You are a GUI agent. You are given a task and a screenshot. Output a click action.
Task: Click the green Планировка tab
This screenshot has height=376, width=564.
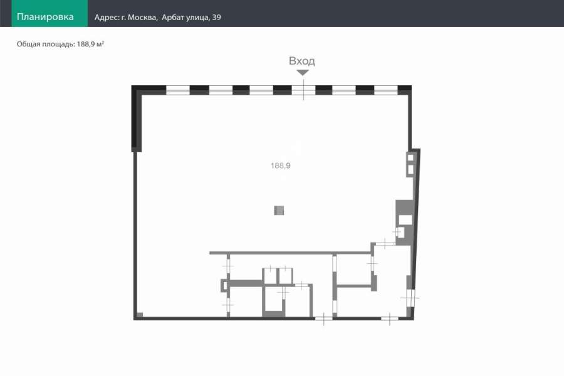point(50,13)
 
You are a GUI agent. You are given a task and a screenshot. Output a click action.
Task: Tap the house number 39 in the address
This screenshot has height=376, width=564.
point(217,18)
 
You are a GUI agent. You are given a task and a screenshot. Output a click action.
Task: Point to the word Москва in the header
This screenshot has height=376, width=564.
point(142,18)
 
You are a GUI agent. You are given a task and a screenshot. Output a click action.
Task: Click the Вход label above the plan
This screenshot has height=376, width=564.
point(302,61)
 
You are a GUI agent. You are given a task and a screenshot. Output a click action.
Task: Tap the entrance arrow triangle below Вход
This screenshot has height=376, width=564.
point(303,73)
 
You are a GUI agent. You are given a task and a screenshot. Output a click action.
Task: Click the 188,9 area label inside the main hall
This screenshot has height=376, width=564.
point(281,165)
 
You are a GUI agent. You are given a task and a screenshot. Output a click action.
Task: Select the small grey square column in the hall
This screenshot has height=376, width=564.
point(279,210)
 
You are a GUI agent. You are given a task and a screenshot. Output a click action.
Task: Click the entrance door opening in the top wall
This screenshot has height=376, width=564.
point(303,90)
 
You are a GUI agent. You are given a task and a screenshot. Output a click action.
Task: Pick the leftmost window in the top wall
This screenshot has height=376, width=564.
point(178,90)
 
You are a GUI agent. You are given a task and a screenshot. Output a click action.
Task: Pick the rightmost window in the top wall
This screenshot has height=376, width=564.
point(386,90)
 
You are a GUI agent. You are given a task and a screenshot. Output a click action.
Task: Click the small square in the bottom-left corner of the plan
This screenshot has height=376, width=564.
point(140,316)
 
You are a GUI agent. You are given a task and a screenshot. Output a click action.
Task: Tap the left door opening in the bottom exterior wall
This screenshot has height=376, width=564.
point(324,318)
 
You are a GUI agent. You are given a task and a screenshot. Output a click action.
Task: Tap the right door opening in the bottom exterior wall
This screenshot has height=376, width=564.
point(390,318)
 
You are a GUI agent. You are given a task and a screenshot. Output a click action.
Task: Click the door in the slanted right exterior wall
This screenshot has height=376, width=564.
point(410,298)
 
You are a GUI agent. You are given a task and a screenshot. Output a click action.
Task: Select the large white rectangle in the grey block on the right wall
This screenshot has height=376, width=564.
point(405,219)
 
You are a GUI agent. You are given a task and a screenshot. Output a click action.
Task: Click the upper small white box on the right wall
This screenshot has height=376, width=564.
point(410,157)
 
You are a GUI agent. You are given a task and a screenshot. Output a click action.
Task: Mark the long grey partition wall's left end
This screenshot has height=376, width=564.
point(210,253)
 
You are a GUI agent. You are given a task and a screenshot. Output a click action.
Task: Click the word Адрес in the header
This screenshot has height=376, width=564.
point(107,18)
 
